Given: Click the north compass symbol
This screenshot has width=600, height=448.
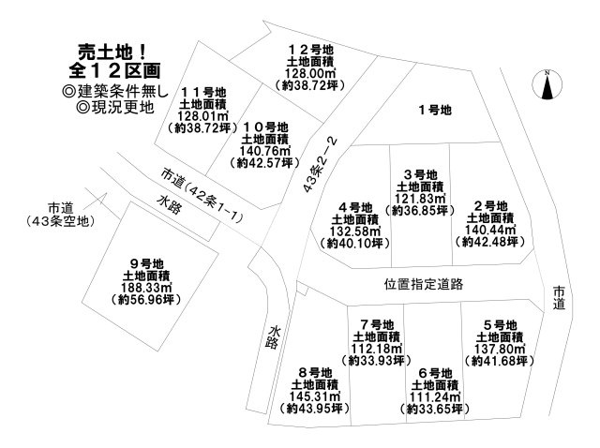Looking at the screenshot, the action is [x=547, y=85].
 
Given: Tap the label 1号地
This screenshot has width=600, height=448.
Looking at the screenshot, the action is [x=435, y=111].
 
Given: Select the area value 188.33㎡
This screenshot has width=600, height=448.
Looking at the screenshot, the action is [x=146, y=288].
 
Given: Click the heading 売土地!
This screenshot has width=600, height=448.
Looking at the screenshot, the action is [x=112, y=52].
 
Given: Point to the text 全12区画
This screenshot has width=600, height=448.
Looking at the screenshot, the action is [x=114, y=70].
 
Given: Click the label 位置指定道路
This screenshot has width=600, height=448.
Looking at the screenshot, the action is [x=424, y=284].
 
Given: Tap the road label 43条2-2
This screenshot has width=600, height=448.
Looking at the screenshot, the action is [x=321, y=165].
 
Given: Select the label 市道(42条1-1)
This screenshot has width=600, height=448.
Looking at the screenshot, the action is [x=202, y=196].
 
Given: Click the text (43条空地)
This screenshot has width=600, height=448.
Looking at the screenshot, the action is [x=61, y=221].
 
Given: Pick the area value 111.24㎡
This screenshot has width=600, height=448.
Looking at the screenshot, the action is [x=435, y=397].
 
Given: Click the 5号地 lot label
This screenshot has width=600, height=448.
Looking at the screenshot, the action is [x=500, y=325].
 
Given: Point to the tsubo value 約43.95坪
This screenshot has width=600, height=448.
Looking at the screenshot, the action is [x=315, y=409].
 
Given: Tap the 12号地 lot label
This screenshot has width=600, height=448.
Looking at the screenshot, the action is [x=310, y=50].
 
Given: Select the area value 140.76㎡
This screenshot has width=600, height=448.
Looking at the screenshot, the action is [x=264, y=151].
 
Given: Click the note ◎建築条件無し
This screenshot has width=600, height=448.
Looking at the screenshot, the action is [x=114, y=91].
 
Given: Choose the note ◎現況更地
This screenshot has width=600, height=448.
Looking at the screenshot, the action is [x=115, y=107].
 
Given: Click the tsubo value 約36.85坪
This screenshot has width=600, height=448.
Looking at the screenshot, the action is [x=420, y=211].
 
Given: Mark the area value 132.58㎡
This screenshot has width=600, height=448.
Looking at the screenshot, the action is [x=355, y=231].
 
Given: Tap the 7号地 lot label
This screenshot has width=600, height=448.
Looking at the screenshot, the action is [x=377, y=325].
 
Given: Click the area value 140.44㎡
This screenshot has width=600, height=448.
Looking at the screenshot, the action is [x=490, y=230].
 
